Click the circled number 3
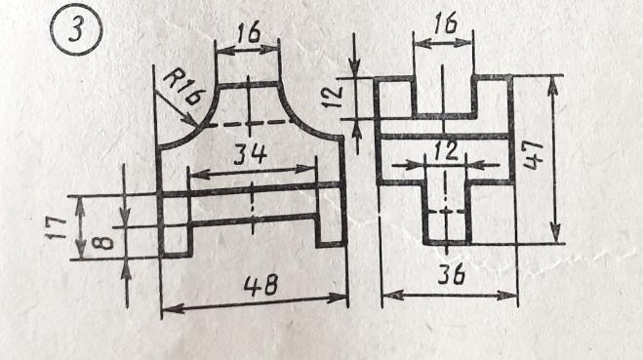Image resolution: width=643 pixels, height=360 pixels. coord(76,29)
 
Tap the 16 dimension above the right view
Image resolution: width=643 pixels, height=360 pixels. coord(445,22)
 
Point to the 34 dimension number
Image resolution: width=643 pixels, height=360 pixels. coord(250,154)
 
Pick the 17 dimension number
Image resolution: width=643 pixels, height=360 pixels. coord(56,228)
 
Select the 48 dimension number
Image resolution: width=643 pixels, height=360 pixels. coord(261,285)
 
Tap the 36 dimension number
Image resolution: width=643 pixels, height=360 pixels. coord(451,274)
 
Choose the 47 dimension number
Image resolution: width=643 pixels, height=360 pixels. coord(533,155)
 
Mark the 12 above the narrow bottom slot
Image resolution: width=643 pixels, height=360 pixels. coord(446,150)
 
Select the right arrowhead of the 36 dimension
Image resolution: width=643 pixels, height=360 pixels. coord(506,296)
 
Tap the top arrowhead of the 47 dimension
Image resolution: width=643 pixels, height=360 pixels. coord(553,85)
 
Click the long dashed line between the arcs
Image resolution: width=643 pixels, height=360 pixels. coord(250,123)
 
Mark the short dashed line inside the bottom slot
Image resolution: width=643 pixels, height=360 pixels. coord(447,212)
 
